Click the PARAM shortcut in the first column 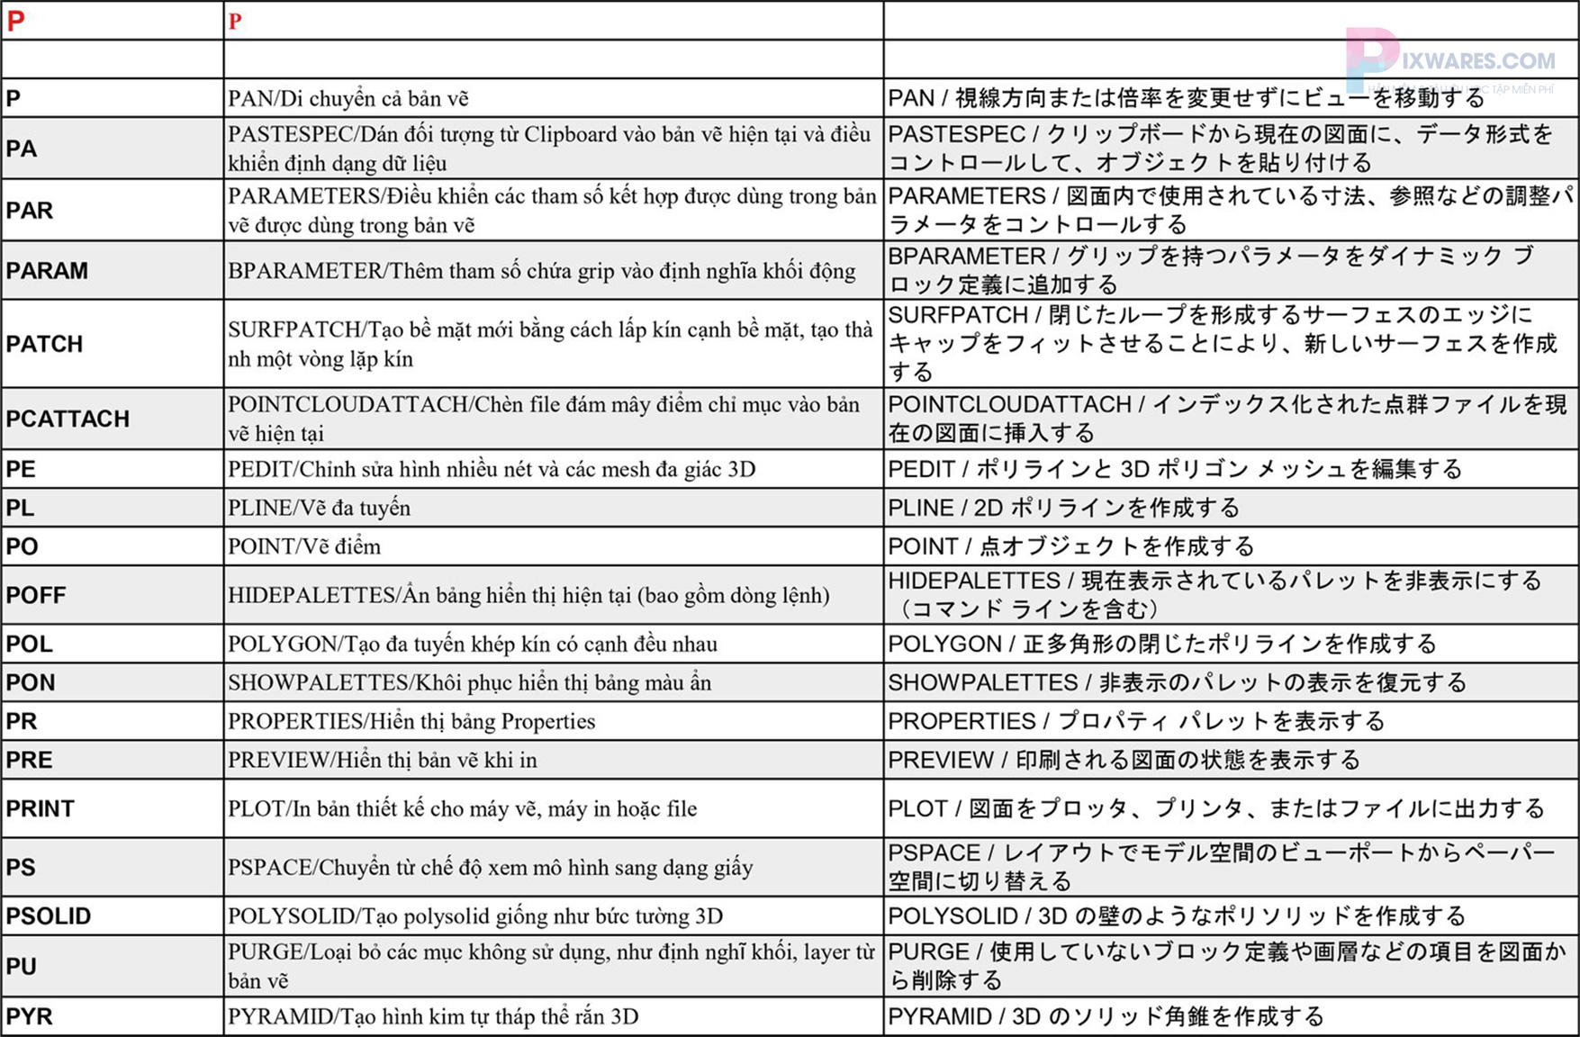47,271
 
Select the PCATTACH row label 68,419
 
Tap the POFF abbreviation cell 36,596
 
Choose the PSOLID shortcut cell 49,916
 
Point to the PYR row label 30,1017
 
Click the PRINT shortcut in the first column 41,809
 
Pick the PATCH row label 44,345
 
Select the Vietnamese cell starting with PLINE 320,509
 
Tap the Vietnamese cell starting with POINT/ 304,547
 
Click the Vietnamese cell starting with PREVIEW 383,761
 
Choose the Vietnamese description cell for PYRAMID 433,1017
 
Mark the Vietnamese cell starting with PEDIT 492,470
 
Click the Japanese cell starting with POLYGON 1161,645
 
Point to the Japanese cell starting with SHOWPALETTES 1177,683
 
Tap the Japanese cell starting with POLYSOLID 1177,916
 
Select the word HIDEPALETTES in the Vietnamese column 311,596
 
